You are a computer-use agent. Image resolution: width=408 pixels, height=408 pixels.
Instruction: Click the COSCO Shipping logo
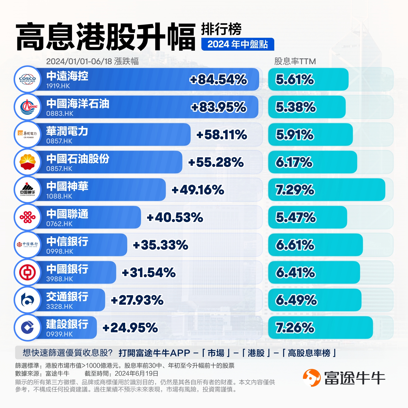(28, 79)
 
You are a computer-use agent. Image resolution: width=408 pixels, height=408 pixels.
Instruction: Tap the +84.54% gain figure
(218, 80)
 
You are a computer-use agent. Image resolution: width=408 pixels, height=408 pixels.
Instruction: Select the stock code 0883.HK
(60, 114)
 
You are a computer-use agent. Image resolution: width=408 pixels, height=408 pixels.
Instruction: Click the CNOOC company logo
(28, 107)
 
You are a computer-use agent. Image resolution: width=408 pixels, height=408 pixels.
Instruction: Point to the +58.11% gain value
(222, 135)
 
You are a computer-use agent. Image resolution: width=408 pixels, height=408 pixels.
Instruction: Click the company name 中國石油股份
(78, 159)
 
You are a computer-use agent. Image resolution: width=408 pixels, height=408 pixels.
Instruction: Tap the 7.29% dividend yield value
(295, 190)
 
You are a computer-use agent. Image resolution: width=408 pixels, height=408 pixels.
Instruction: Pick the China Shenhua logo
(28, 190)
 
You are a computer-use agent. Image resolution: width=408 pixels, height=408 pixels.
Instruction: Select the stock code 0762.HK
(59, 224)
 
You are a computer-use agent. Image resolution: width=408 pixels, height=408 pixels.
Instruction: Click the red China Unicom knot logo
(28, 217)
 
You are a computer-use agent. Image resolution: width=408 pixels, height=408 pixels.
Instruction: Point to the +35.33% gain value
(160, 245)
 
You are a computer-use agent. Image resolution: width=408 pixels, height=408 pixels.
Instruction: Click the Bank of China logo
(28, 272)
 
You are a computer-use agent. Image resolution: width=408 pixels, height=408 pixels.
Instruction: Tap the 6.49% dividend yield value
(296, 300)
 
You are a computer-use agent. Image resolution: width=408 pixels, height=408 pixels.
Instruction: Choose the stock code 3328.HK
(59, 307)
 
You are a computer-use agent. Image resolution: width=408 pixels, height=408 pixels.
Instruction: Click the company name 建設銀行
(67, 324)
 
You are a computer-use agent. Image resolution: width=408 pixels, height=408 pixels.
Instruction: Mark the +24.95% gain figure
(130, 328)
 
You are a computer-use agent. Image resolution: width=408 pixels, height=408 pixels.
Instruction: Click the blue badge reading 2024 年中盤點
(237, 44)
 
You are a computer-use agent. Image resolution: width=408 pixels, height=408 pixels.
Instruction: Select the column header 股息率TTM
(295, 61)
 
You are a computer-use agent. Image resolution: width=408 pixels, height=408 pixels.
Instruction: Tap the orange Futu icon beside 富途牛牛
(312, 378)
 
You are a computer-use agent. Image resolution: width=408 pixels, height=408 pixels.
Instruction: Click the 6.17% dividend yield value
(294, 162)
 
